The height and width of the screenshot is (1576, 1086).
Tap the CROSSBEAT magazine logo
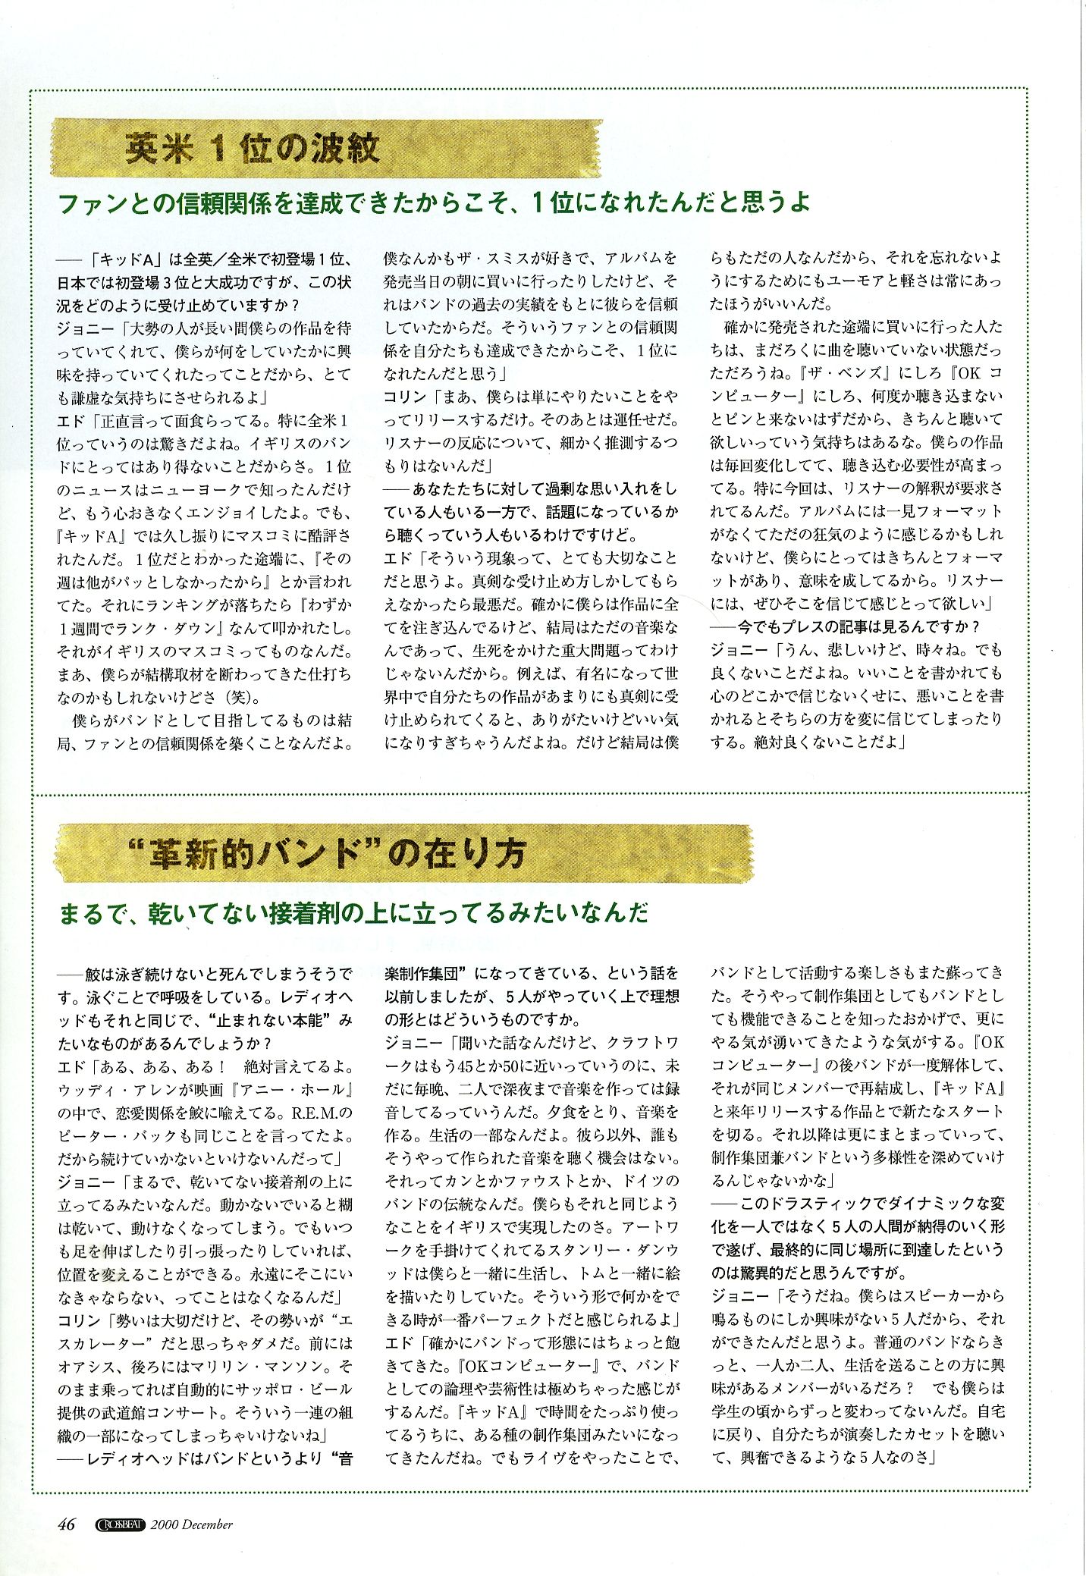pos(122,1524)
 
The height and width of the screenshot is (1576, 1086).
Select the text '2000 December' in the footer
pos(192,1524)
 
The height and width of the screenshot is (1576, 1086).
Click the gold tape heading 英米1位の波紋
pos(253,148)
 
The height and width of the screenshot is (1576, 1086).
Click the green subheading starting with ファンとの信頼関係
pos(434,202)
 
